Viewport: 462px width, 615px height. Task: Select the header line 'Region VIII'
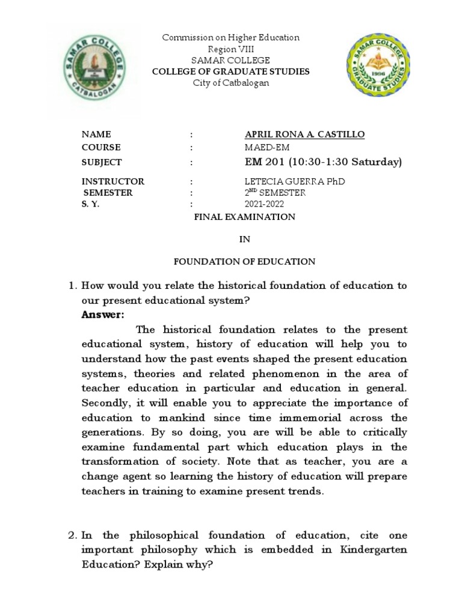230,49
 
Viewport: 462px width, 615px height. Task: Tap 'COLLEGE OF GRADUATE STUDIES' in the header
231,71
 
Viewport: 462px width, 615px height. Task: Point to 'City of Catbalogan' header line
231,83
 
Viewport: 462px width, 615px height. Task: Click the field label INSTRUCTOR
113,181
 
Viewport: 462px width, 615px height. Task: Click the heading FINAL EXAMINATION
244,217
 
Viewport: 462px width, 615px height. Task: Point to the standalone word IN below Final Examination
244,239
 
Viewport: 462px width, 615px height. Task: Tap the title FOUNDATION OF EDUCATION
244,261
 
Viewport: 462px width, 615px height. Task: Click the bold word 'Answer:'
103,315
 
